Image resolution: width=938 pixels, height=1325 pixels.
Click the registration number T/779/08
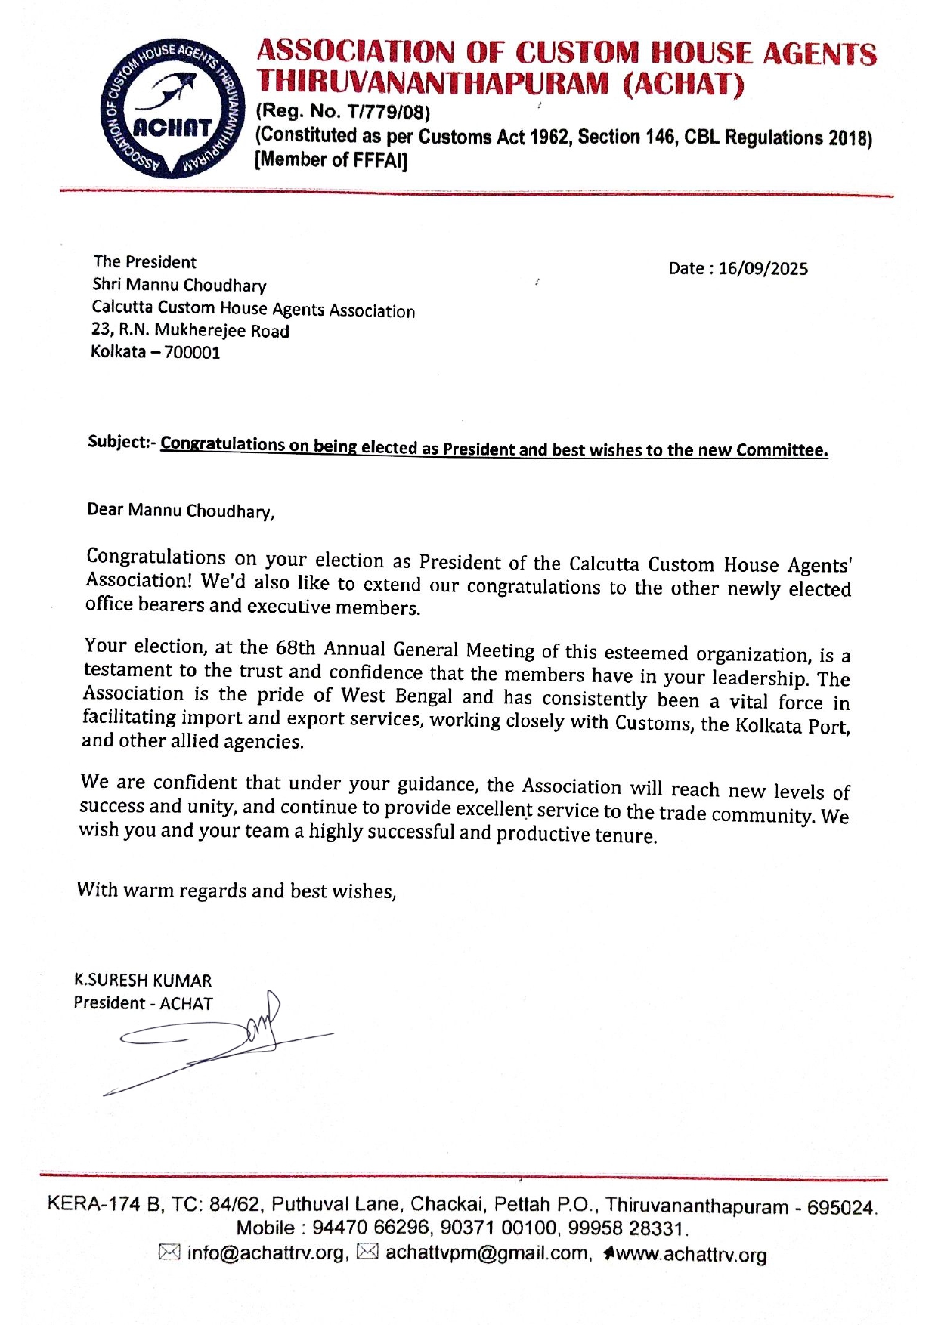coord(387,113)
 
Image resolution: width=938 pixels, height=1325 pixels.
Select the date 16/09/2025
coord(763,269)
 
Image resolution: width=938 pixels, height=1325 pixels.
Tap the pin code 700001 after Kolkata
coord(192,353)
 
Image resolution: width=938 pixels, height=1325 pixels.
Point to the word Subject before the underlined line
coord(116,441)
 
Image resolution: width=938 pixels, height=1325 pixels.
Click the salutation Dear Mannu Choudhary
coord(181,511)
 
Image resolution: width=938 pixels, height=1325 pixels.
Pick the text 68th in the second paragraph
coord(296,648)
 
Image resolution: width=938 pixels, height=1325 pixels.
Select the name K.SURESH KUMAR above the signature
coord(143,981)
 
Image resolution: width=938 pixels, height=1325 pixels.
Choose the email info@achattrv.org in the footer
coord(265,1252)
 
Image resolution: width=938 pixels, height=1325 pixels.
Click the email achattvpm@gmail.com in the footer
coord(486,1252)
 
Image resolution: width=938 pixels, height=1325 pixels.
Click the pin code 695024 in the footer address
coord(840,1207)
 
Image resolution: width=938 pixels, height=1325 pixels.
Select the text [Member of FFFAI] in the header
coord(331,160)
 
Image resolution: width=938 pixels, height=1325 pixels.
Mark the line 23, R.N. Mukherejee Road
coord(190,331)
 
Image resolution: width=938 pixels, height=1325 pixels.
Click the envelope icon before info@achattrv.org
coord(169,1252)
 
